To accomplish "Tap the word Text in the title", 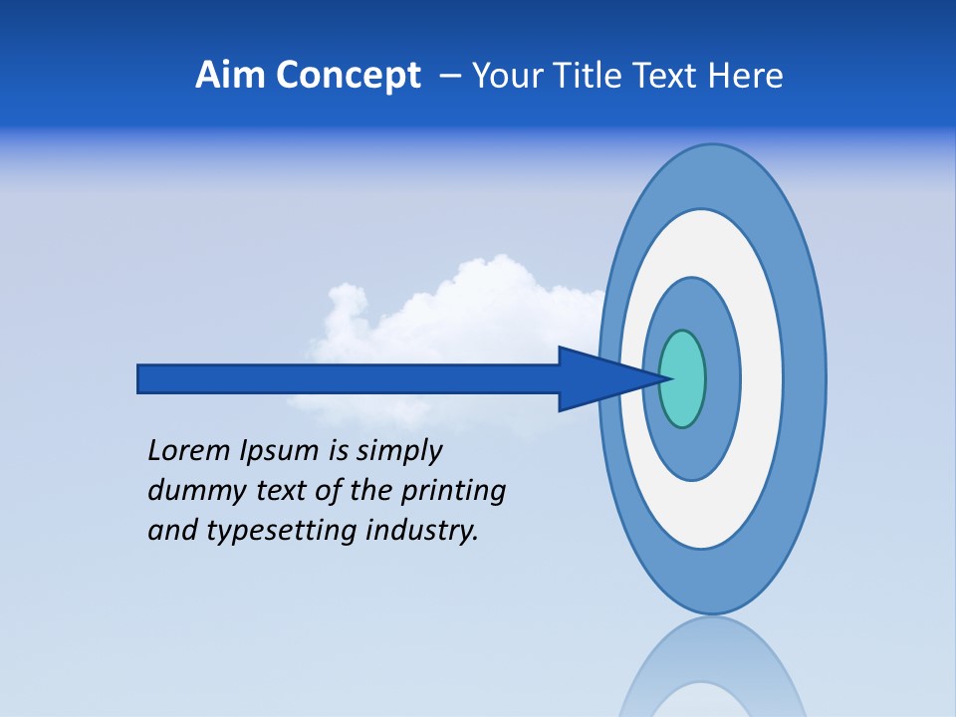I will [x=671, y=76].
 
